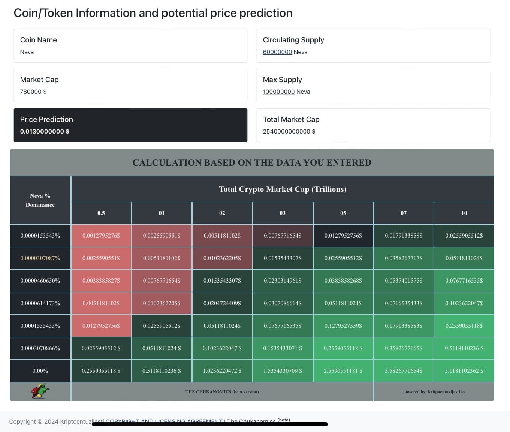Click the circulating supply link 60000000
(277, 52)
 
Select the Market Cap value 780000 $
(33, 92)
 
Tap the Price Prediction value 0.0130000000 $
(45, 132)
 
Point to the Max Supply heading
(282, 80)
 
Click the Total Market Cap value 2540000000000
(286, 132)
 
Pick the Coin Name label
(39, 40)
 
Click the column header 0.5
(101, 213)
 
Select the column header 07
(404, 213)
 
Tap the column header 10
(464, 213)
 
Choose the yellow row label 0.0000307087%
(40, 258)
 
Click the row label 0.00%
(40, 371)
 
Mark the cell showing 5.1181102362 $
(464, 371)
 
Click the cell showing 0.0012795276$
(101, 236)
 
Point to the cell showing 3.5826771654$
(404, 371)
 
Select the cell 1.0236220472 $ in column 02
(222, 371)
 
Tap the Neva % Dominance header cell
(40, 200)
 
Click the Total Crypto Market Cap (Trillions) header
(283, 189)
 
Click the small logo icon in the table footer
(40, 391)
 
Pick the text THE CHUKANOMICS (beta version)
(222, 392)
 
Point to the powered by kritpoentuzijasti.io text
(434, 392)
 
